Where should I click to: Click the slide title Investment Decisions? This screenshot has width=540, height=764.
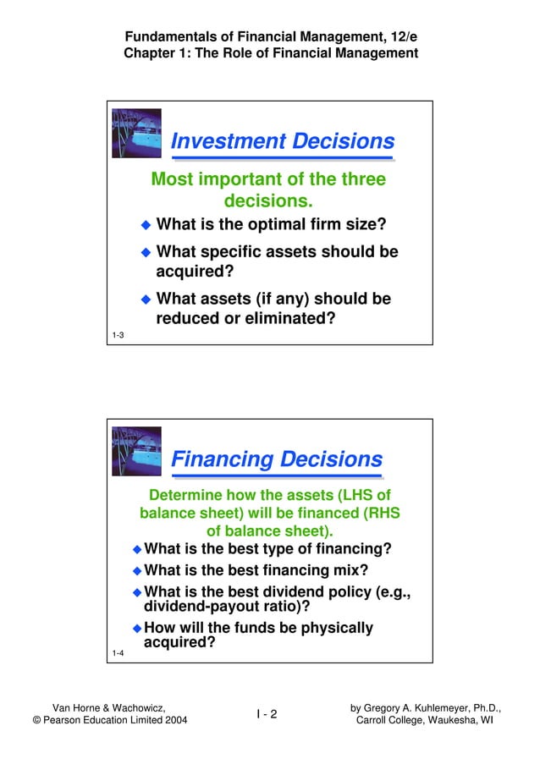pos(282,141)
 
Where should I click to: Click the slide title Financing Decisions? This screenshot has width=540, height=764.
pos(277,459)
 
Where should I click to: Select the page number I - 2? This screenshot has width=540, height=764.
pos(267,714)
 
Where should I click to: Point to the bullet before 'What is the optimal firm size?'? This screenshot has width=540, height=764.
pos(145,225)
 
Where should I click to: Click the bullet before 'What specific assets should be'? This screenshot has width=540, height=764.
pos(145,252)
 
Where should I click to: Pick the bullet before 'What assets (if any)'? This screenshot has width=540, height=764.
pos(145,300)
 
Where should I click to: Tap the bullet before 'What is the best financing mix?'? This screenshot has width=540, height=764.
pos(137,571)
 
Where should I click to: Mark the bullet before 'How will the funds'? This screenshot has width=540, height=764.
pos(137,629)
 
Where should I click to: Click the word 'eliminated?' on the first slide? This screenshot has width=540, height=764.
pos(289,319)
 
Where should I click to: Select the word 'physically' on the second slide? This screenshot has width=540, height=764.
pos(331,628)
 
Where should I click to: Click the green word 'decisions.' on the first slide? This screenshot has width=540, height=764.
pos(268,201)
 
